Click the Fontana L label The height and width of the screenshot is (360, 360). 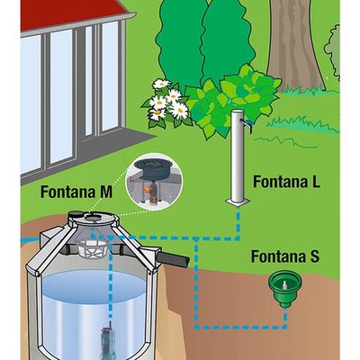click(287, 182)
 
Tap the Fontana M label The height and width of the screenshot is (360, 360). click(76, 192)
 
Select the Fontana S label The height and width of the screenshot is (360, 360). click(285, 256)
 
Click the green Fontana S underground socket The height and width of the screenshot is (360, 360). click(285, 290)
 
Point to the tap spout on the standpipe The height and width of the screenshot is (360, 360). click(247, 124)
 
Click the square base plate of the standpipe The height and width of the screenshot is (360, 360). click(238, 202)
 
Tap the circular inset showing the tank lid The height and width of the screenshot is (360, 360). click(154, 181)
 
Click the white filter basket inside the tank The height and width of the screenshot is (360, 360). click(93, 248)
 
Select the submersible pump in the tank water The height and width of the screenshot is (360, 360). click(107, 340)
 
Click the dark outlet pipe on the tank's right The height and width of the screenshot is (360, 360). click(173, 259)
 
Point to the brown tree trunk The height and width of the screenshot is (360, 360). click(294, 45)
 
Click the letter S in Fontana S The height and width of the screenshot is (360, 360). click(314, 256)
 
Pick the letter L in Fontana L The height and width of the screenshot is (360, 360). click(316, 182)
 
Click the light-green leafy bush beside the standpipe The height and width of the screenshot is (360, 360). click(232, 101)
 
